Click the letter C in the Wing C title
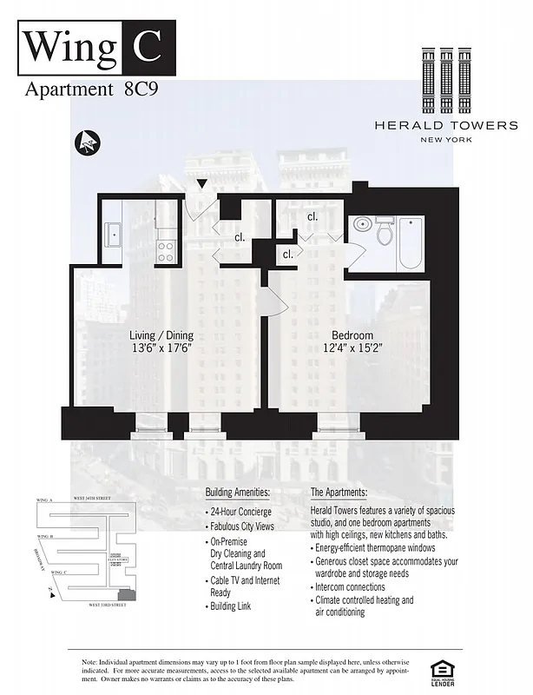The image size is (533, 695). point(147,45)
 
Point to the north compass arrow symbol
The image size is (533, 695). point(87,141)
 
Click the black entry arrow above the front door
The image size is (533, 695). point(202,183)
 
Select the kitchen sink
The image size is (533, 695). point(114,234)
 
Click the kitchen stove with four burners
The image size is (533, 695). point(165,251)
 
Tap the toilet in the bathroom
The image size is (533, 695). point(385,233)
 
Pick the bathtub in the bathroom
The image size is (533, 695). point(410,243)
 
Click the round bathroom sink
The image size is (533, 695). point(364,223)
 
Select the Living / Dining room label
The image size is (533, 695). point(161,336)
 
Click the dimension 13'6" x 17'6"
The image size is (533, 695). point(161,349)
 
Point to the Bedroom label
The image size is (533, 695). point(352,336)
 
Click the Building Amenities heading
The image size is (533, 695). point(237,493)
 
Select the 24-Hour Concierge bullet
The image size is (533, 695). point(240,513)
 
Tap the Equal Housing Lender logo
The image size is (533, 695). point(442,671)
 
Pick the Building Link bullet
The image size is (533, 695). point(230,606)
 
